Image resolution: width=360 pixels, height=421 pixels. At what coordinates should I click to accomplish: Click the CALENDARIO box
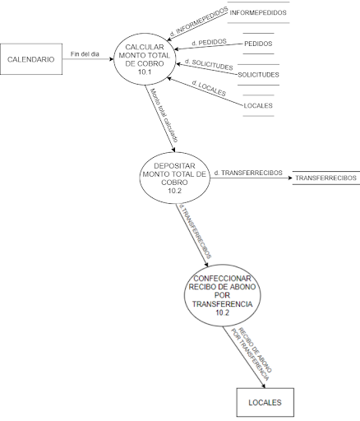coord(32,60)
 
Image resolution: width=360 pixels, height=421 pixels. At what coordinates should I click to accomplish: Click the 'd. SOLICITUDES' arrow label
coord(209,64)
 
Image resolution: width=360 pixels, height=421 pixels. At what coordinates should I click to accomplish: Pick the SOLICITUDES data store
coord(258,75)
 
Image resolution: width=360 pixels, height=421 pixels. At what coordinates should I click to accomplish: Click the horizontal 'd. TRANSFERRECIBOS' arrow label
coord(247,173)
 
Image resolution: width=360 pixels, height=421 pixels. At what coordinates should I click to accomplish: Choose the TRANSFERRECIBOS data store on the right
coord(325,178)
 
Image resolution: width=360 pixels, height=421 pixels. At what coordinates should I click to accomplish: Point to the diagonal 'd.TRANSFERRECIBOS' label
coord(196,233)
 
